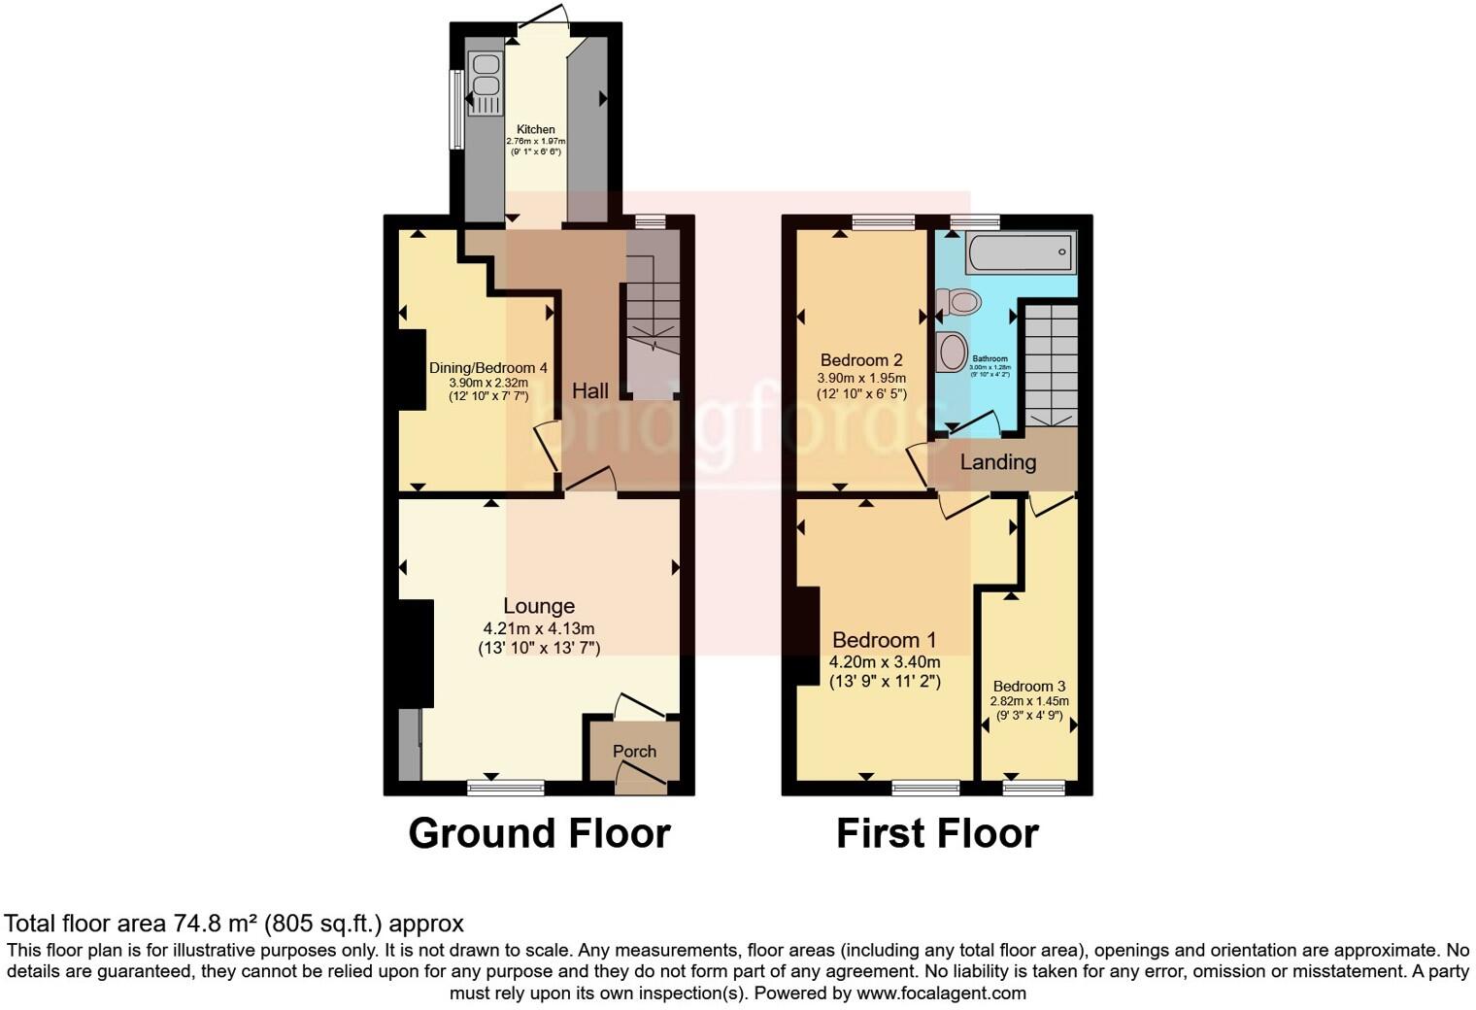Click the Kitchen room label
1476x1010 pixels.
pos(536,129)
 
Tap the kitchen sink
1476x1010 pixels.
pos(484,82)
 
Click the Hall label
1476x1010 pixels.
pos(590,390)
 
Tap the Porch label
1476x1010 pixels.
pos(634,751)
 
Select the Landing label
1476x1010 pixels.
pos(997,462)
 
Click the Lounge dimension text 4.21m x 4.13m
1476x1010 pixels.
pos(539,628)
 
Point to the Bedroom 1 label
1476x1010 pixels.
pos(884,640)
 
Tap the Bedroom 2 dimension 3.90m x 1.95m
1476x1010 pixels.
pos(861,378)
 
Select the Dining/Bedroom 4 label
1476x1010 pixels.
pos(488,368)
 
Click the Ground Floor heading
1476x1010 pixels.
pos(539,833)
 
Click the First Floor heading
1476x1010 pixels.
pos(937,833)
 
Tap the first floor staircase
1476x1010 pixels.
pos(1052,364)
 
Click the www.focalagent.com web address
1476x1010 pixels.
pos(941,993)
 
